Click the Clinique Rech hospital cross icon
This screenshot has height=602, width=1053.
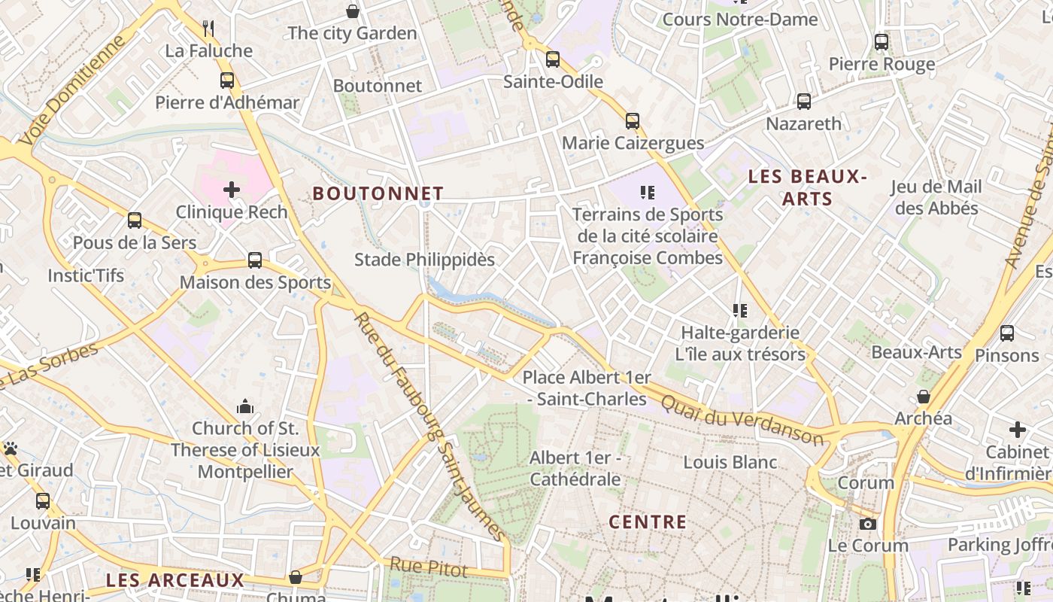pyautogui.click(x=231, y=189)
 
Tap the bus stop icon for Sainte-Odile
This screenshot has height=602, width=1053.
pyautogui.click(x=553, y=59)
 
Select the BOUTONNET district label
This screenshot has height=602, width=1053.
pyautogui.click(x=378, y=193)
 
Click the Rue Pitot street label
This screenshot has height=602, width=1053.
pyautogui.click(x=429, y=568)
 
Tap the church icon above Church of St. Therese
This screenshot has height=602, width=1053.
pyautogui.click(x=245, y=407)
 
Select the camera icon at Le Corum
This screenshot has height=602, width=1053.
pyautogui.click(x=868, y=524)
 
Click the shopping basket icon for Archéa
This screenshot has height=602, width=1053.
pyautogui.click(x=923, y=397)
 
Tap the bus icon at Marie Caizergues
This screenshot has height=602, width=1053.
pyautogui.click(x=632, y=120)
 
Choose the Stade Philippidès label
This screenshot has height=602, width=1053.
pyautogui.click(x=424, y=260)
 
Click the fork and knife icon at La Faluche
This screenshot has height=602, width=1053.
pyautogui.click(x=208, y=29)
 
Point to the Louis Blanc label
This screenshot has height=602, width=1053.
pyautogui.click(x=730, y=461)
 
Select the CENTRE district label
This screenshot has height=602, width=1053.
pyautogui.click(x=648, y=521)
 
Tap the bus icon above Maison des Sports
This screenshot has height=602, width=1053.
pyautogui.click(x=255, y=260)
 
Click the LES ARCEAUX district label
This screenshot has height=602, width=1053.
pyautogui.click(x=175, y=580)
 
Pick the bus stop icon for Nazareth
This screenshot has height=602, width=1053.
pyautogui.click(x=803, y=101)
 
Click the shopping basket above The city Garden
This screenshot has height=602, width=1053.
pyautogui.click(x=352, y=11)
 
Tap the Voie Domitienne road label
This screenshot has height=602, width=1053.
pyautogui.click(x=72, y=90)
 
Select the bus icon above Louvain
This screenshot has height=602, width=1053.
pyautogui.click(x=43, y=500)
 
